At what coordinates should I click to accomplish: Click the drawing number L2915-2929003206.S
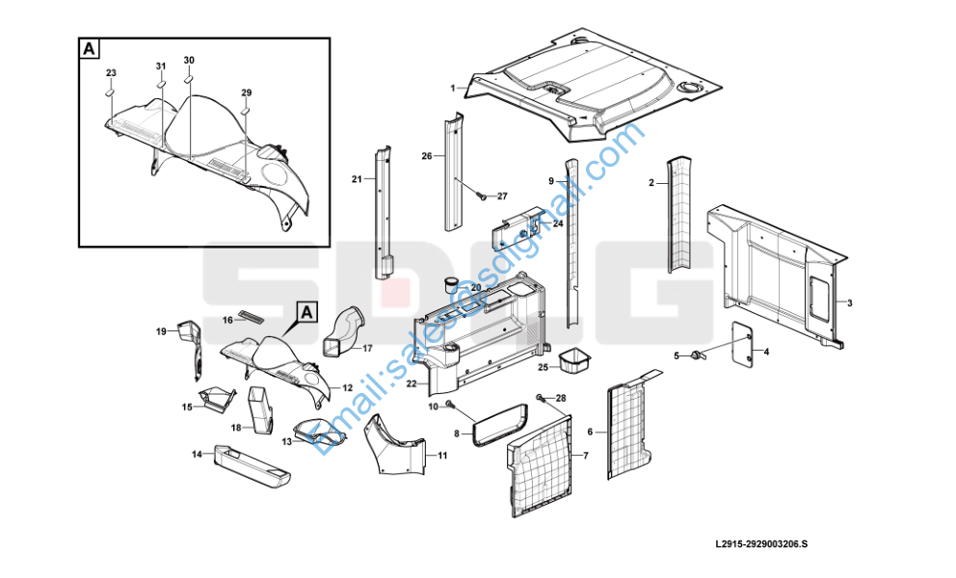tap(761, 543)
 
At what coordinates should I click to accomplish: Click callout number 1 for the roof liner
tap(452, 88)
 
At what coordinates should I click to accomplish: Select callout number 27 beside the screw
tap(501, 197)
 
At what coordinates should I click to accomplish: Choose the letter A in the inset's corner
tap(90, 47)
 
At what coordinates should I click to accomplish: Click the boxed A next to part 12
tap(306, 312)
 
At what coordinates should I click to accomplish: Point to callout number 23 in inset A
tap(111, 73)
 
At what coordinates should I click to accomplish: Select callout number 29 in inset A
tap(246, 92)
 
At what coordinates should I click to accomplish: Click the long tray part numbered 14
tap(251, 461)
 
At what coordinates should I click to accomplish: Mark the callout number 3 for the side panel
tap(850, 302)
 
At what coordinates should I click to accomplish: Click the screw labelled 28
tap(541, 398)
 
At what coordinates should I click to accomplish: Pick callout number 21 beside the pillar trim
tap(356, 179)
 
